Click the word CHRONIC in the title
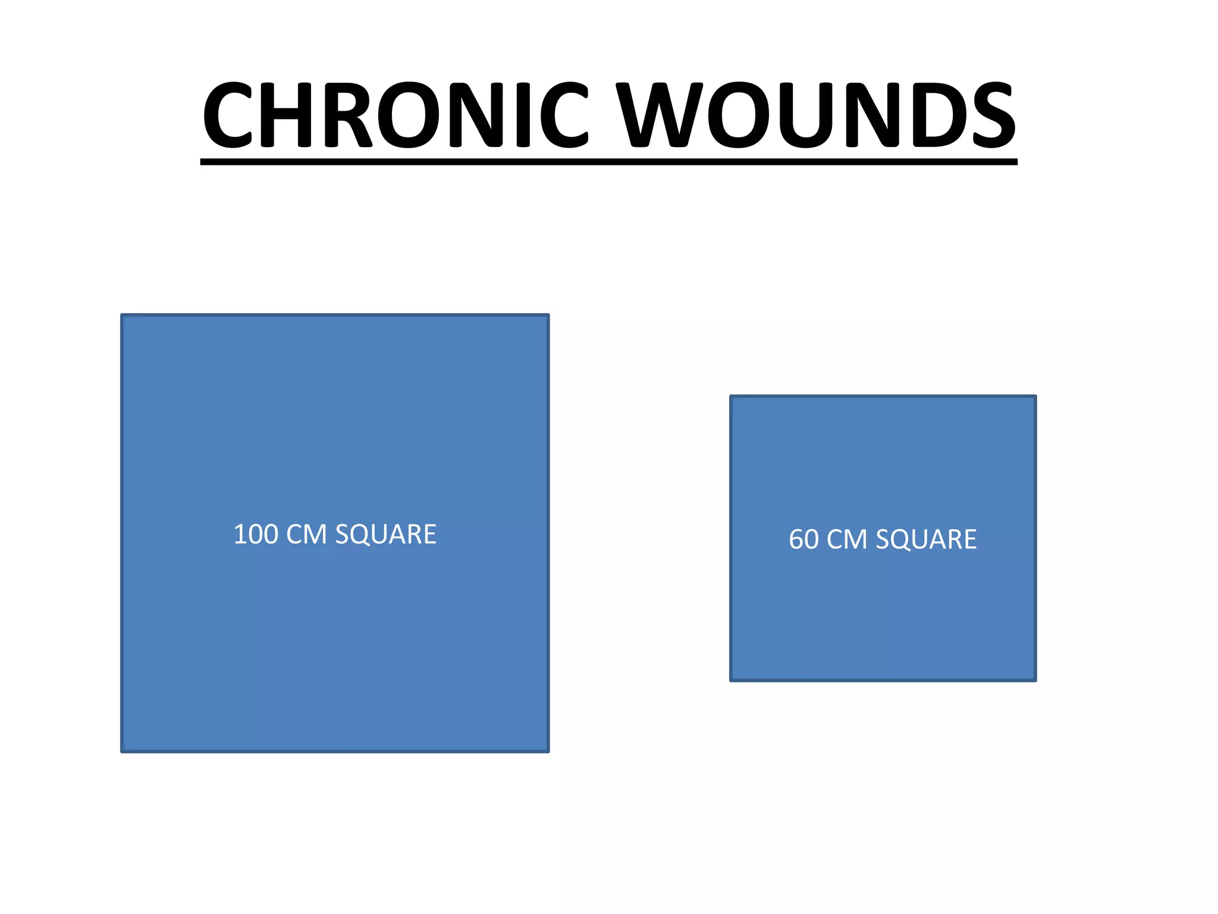tap(395, 114)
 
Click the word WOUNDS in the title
tap(815, 114)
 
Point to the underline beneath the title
tap(608, 162)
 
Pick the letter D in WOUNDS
tap(934, 114)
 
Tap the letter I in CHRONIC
tap(523, 114)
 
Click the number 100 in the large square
tap(256, 534)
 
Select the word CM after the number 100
tap(306, 534)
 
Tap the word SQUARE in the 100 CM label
tap(386, 534)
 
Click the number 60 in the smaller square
tap(803, 540)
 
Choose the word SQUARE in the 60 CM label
tap(926, 540)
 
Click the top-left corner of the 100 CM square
tap(123, 315)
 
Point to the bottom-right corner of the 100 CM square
tap(548, 751)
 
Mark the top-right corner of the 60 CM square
tap(1035, 397)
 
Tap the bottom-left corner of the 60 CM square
tap(732, 680)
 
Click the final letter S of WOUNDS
tap(994, 114)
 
